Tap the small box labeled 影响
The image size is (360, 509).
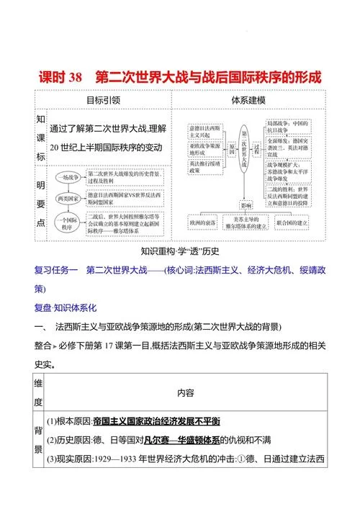click(246, 204)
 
